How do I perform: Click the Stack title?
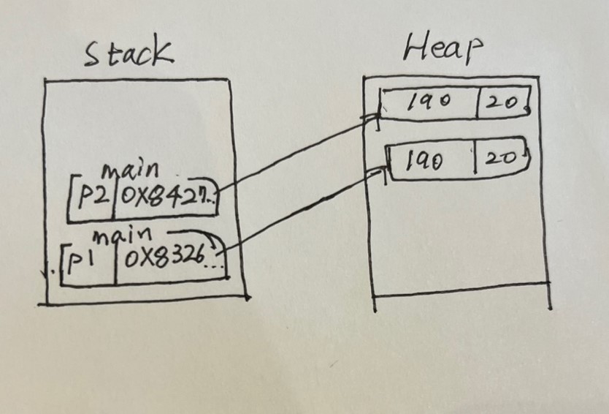[129, 54]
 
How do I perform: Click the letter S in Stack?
[93, 56]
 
